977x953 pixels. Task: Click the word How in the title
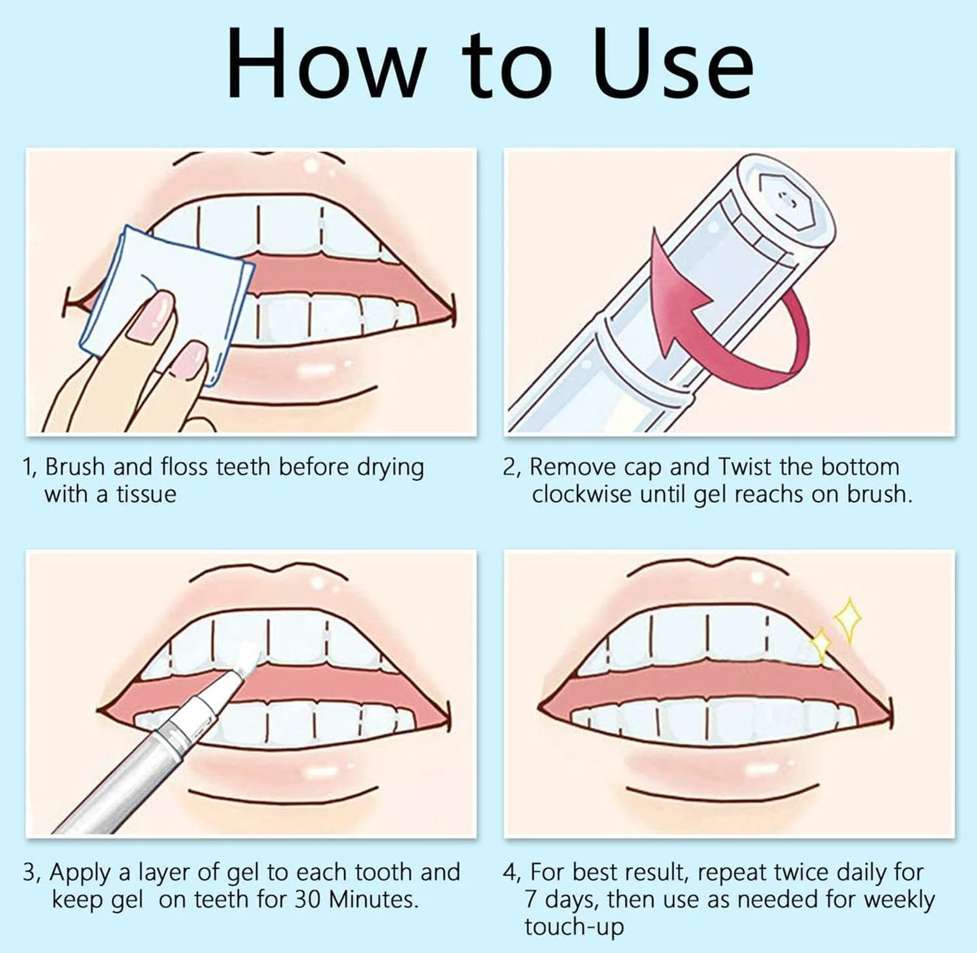pos(323,64)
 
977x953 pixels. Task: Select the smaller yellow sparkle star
pos(821,645)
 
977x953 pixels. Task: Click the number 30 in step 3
pos(308,900)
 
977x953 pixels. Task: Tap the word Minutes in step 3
pos(373,900)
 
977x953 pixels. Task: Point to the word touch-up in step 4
pos(574,928)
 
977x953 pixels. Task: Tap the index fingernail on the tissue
pos(149,316)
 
